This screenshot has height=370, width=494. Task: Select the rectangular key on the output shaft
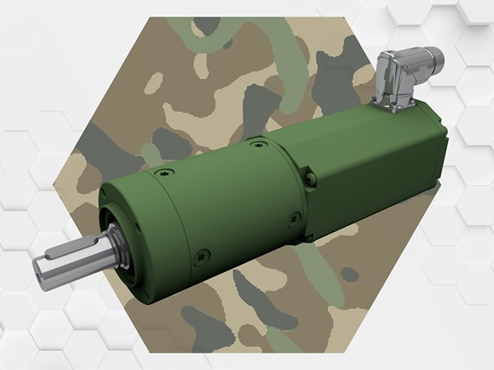pyautogui.click(x=65, y=247)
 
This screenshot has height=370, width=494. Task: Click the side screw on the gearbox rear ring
pyautogui.click(x=294, y=218)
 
